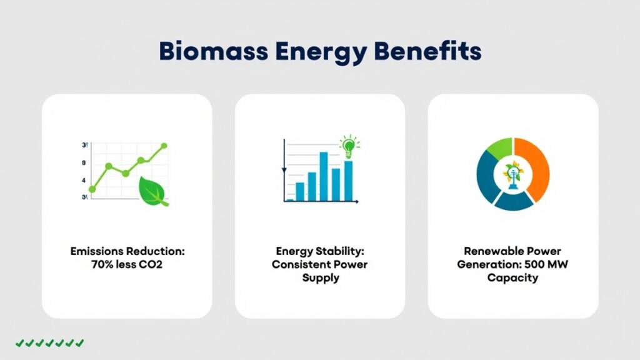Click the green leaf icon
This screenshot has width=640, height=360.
[153, 191]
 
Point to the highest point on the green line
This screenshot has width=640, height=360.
[164, 146]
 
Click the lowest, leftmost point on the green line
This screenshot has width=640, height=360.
[92, 189]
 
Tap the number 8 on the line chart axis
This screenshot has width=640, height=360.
[84, 163]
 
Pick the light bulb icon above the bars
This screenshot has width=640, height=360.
[347, 146]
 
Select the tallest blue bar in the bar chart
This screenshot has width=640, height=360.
[324, 176]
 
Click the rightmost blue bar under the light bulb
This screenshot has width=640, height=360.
[348, 181]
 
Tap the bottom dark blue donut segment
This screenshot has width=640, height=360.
[514, 201]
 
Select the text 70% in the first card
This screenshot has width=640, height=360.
[104, 264]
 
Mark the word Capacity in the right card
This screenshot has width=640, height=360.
[512, 277]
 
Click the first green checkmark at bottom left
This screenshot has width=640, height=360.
[20, 342]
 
